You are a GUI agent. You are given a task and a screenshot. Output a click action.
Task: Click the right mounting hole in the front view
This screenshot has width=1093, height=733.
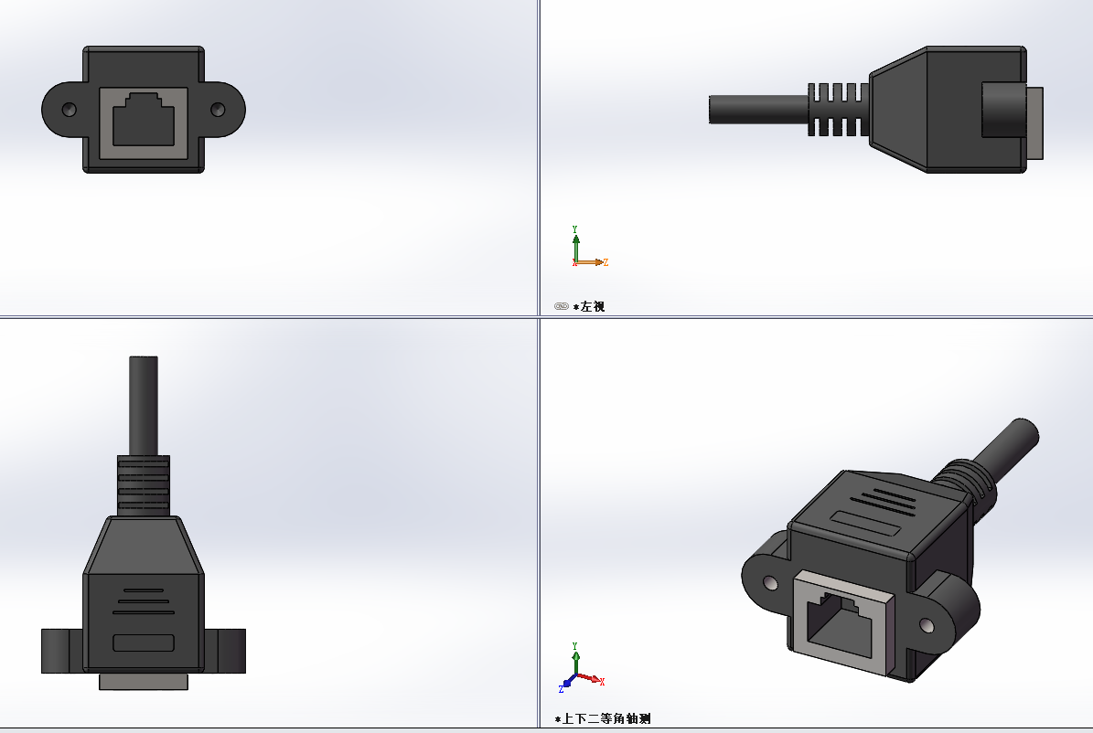[218, 110]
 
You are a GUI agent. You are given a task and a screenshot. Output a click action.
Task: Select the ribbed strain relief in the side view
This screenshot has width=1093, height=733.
[837, 110]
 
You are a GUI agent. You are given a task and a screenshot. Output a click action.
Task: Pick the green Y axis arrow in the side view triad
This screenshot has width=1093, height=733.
[575, 242]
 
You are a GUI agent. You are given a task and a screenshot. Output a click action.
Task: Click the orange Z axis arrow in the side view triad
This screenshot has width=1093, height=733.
[595, 262]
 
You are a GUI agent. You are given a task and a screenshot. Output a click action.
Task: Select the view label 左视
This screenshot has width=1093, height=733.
[593, 306]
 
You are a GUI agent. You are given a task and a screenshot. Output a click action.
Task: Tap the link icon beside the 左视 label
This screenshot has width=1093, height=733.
[561, 306]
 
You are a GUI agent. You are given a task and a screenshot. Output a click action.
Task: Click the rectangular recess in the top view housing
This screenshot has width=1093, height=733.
[143, 643]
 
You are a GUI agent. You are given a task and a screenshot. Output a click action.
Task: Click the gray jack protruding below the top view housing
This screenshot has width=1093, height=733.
[143, 682]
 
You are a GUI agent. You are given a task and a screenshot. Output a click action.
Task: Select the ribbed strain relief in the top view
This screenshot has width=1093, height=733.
[143, 484]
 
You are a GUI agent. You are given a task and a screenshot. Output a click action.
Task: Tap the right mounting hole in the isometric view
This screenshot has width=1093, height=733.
[927, 625]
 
